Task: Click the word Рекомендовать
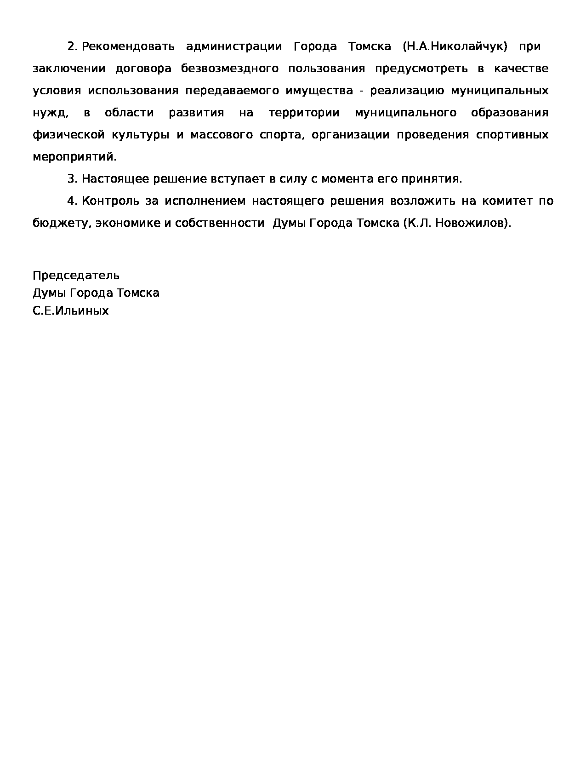pyautogui.click(x=128, y=46)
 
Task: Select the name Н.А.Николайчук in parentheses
pyautogui.click(x=455, y=46)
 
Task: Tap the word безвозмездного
pyautogui.click(x=230, y=69)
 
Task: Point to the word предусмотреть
pyautogui.click(x=421, y=69)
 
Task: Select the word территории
pyautogui.click(x=304, y=113)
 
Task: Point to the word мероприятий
pyautogui.click(x=74, y=157)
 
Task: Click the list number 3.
pyautogui.click(x=72, y=179)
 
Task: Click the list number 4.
pyautogui.click(x=72, y=201)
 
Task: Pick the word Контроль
pyautogui.click(x=110, y=201)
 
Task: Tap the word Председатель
pyautogui.click(x=76, y=276)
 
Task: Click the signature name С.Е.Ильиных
pyautogui.click(x=71, y=310)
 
